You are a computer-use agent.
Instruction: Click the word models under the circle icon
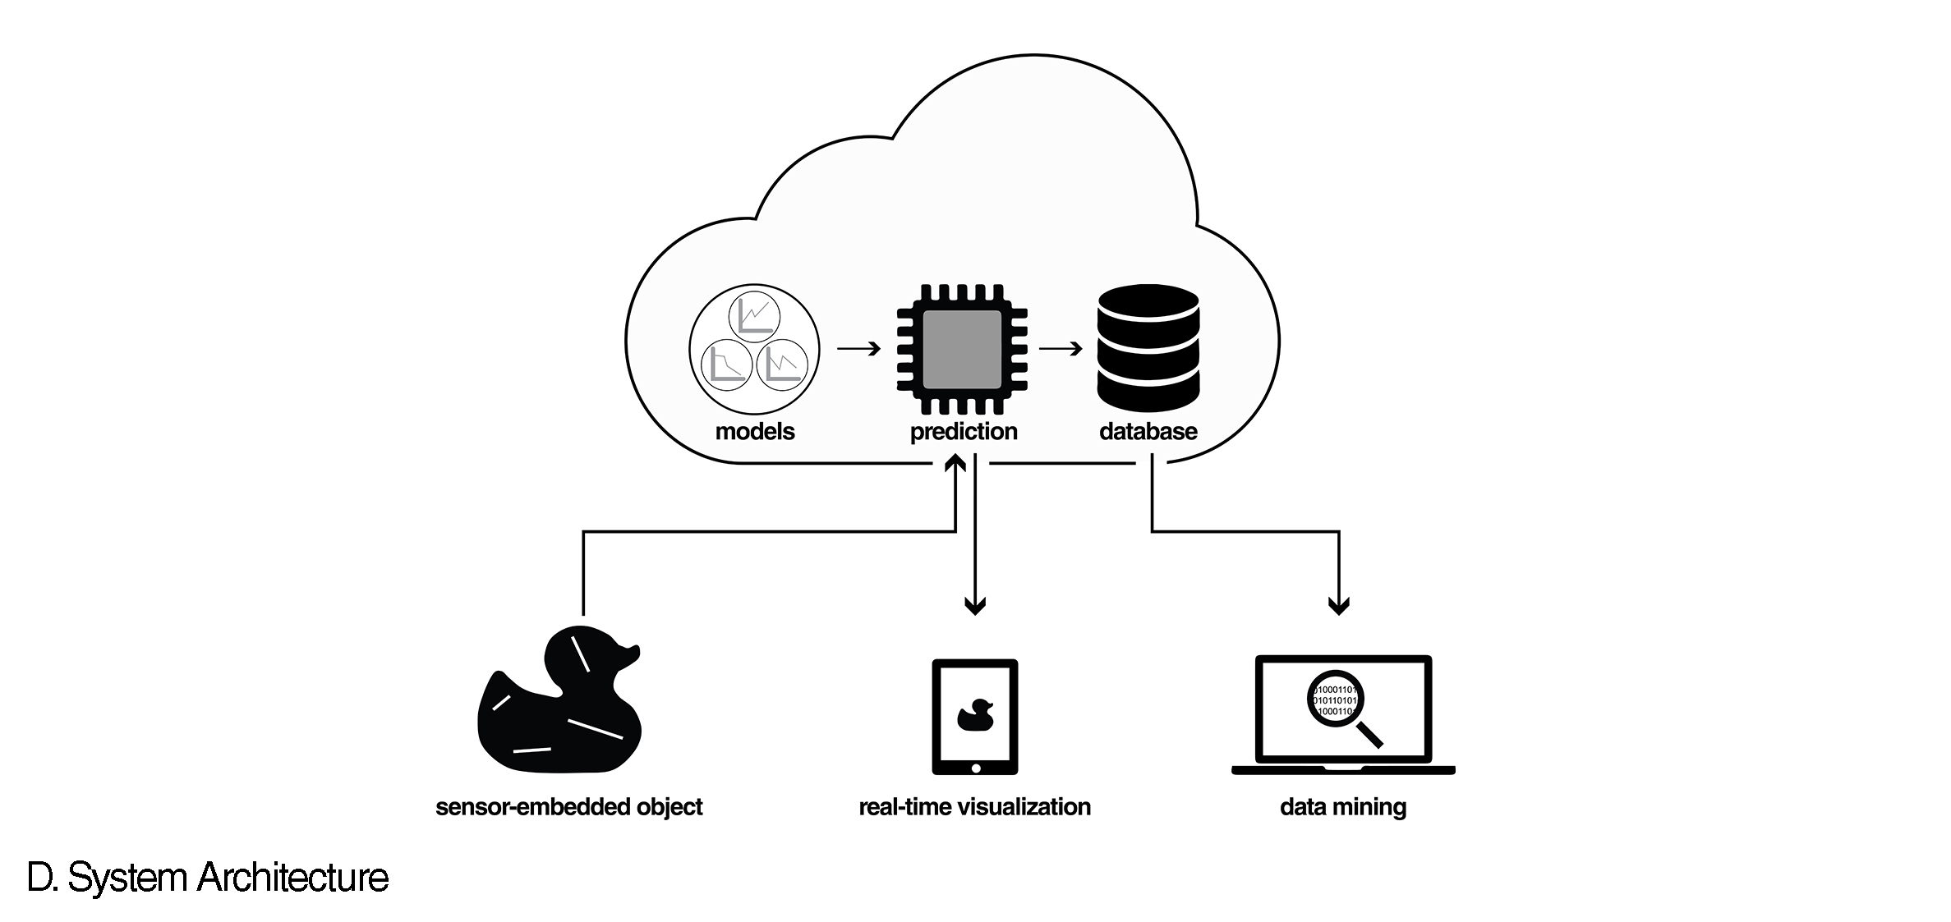[755, 431]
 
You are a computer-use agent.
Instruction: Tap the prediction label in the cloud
[964, 432]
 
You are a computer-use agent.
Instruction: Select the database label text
[1148, 432]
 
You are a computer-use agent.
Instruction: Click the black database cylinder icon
[1148, 348]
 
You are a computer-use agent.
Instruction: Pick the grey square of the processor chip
[962, 349]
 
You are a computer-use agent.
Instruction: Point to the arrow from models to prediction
[858, 349]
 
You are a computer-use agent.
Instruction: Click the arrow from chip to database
[1061, 349]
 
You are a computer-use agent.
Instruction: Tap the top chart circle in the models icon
[755, 315]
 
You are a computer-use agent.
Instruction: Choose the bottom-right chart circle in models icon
[781, 366]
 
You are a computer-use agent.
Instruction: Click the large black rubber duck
[559, 714]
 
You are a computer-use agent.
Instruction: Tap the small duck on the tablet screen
[975, 715]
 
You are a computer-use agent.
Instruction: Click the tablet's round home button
[975, 768]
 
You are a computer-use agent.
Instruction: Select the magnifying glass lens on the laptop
[1334, 700]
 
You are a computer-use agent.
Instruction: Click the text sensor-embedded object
[568, 807]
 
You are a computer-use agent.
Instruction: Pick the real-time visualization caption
[974, 807]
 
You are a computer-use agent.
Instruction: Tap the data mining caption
[1343, 807]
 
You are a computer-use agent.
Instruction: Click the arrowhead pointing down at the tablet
[975, 607]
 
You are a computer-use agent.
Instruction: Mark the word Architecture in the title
[292, 878]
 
